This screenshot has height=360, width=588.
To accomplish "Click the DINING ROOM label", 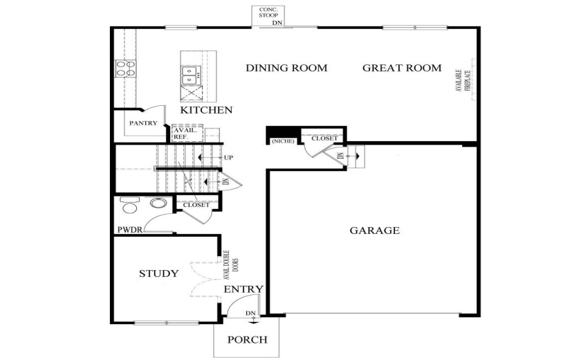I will tap(286, 68).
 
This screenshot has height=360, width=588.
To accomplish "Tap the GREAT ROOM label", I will tap(401, 68).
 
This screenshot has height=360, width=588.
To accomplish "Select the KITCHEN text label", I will tap(206, 110).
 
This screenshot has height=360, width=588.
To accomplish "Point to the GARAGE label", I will tap(374, 231).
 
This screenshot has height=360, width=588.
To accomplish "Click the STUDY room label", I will tap(158, 273).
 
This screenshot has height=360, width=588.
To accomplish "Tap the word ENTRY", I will tap(243, 289).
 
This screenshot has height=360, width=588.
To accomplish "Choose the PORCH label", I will tap(247, 339).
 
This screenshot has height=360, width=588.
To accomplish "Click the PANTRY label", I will tap(142, 124).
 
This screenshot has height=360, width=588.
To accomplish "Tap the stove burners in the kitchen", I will tap(125, 68).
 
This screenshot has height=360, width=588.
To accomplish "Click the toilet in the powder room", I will tap(129, 206).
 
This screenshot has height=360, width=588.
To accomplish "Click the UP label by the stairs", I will tap(228, 158).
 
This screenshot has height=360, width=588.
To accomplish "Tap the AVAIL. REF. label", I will tap(183, 134).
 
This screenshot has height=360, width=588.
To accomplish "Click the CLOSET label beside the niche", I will tap(324, 138).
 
